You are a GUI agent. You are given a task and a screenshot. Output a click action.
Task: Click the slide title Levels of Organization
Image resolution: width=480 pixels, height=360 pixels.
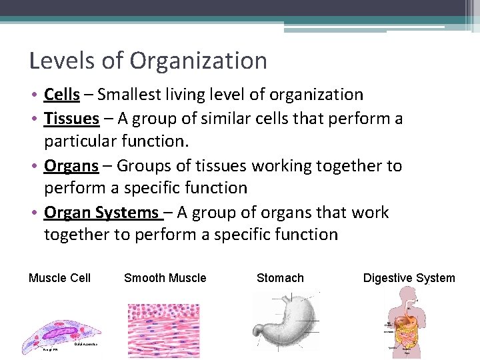148,61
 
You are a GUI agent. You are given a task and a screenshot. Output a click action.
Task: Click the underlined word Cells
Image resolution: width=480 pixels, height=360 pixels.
62,95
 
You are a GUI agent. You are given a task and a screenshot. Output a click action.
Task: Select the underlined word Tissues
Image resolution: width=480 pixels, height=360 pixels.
71,119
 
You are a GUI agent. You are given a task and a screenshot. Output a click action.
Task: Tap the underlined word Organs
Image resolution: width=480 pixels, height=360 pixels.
70,165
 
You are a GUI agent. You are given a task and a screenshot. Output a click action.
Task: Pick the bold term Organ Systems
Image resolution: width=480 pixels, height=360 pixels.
101,213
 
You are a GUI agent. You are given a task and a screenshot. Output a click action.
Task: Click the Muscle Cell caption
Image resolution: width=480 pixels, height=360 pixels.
59,278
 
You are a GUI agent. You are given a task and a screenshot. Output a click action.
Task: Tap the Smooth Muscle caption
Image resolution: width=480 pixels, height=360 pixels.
165,278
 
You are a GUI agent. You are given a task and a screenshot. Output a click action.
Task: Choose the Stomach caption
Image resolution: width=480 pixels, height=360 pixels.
280,278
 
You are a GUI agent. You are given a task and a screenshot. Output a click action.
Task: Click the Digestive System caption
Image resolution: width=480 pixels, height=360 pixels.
409,278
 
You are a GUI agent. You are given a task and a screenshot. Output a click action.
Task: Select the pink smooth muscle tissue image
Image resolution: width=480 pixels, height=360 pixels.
163,330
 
